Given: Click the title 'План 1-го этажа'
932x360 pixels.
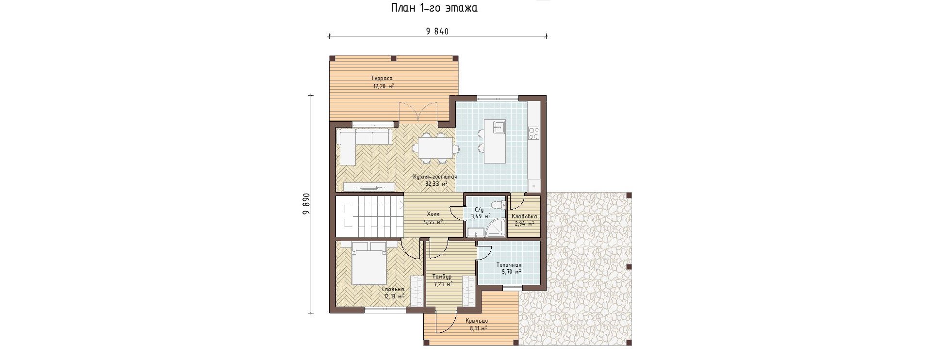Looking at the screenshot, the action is [434, 8].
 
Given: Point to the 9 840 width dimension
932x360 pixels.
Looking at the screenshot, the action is [437, 32].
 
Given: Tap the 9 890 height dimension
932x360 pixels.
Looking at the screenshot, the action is [306, 204].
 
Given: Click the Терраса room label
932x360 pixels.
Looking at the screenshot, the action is [382, 78].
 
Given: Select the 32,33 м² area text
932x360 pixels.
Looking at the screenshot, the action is [436, 184].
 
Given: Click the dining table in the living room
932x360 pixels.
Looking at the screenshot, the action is [436, 147].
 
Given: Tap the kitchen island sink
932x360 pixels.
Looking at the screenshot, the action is [499, 127].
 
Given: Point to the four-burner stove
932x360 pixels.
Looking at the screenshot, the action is [534, 133].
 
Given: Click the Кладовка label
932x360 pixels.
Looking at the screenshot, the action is [524, 217].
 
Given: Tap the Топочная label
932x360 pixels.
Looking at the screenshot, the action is [509, 265].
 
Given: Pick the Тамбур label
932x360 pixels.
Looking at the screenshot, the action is [442, 277].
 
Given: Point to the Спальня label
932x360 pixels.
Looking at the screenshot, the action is [393, 289].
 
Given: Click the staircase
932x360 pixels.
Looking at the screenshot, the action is [369, 216].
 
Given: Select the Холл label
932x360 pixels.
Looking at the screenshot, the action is [433, 214].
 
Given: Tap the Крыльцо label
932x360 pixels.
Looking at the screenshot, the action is [477, 321].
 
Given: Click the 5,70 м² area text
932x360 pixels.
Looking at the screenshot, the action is [512, 272].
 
